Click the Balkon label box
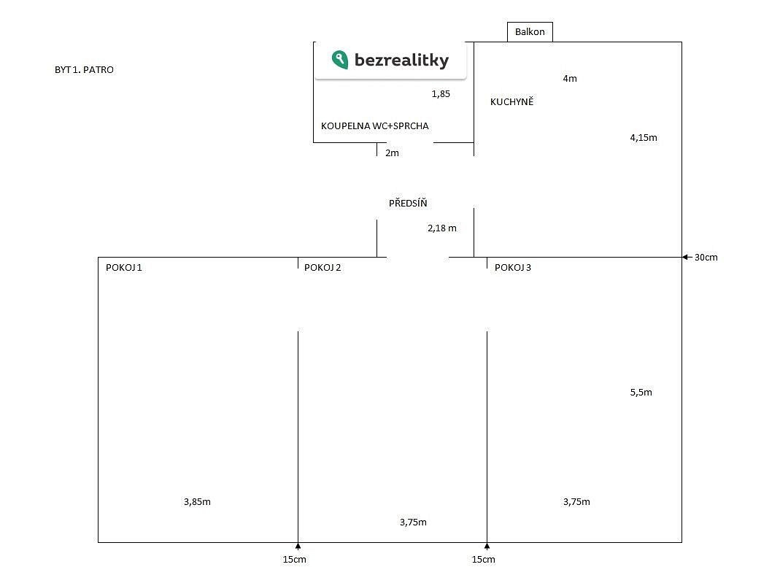point(530,32)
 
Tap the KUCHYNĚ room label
point(512,101)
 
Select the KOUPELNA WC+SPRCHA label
point(374,126)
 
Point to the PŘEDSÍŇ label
point(408,202)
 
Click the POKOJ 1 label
point(124,268)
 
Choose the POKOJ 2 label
point(323,268)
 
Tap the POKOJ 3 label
point(513,268)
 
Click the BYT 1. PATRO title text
point(84,69)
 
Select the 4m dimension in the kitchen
point(570,78)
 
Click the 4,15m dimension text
point(644,138)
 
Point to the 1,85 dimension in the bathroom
point(441,93)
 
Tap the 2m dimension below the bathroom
point(392,153)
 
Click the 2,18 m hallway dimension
point(442,228)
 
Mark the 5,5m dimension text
point(641,392)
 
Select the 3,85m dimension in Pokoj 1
point(197,502)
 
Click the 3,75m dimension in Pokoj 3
point(576,502)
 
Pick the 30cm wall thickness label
point(706,257)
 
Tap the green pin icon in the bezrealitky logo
point(340,60)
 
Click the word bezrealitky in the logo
point(401,60)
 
